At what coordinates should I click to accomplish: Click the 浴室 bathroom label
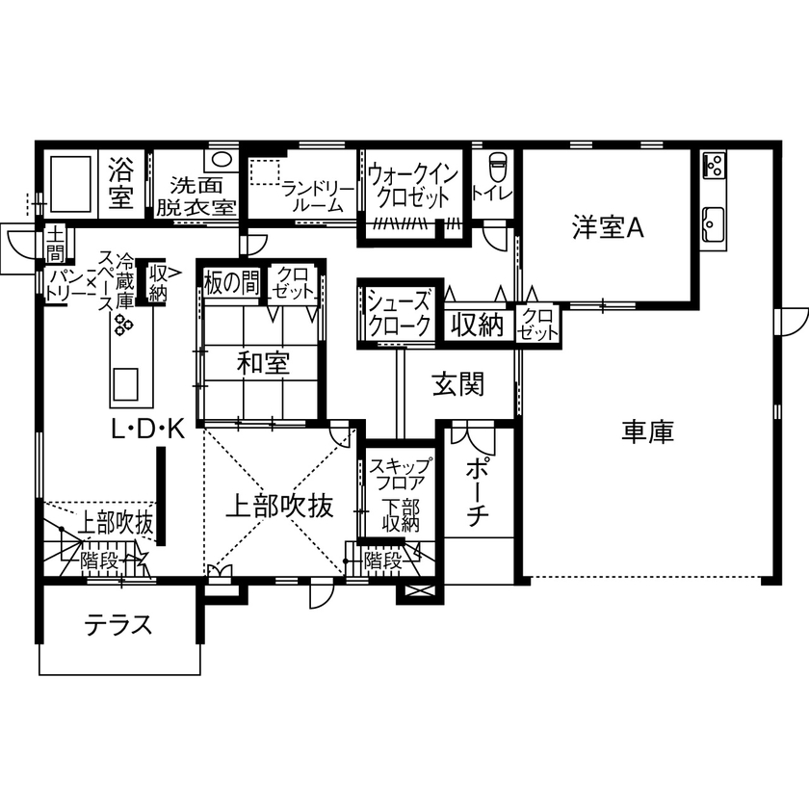click(120, 183)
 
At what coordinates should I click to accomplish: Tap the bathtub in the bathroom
click(69, 180)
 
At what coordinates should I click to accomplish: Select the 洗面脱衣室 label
click(196, 195)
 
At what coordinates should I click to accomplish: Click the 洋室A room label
click(607, 228)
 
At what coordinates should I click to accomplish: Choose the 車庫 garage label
click(647, 432)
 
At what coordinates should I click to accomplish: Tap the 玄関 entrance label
click(457, 384)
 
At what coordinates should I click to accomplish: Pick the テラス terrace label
click(119, 625)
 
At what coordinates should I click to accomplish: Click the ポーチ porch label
click(478, 492)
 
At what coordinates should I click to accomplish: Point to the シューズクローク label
click(400, 313)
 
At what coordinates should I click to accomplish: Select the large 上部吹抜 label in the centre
click(280, 507)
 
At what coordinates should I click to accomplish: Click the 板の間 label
click(231, 283)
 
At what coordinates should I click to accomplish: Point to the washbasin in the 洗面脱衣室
click(222, 159)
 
